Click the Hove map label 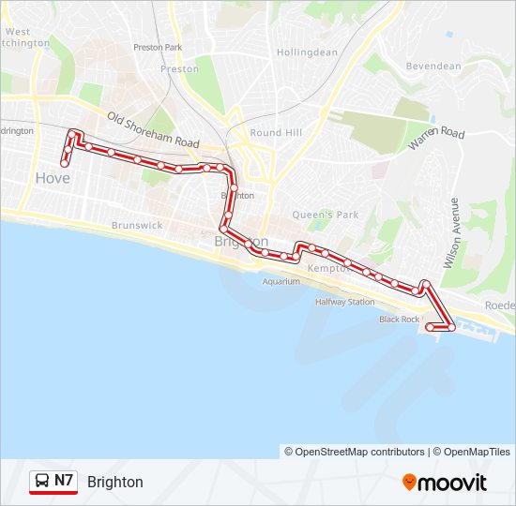tap(52, 177)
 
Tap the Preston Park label tap(158, 47)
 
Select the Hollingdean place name tap(307, 52)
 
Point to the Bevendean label tap(433, 67)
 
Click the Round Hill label tap(276, 133)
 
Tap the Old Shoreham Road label tap(153, 130)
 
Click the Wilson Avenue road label tap(453, 233)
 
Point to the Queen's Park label tap(326, 215)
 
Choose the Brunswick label tap(137, 226)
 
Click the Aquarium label tap(281, 281)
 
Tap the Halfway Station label tap(344, 302)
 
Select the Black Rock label tap(399, 320)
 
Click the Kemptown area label tap(328, 268)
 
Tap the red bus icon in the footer tap(42, 482)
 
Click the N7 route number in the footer tap(64, 481)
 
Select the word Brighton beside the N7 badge tap(115, 482)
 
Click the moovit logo tap(445, 483)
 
